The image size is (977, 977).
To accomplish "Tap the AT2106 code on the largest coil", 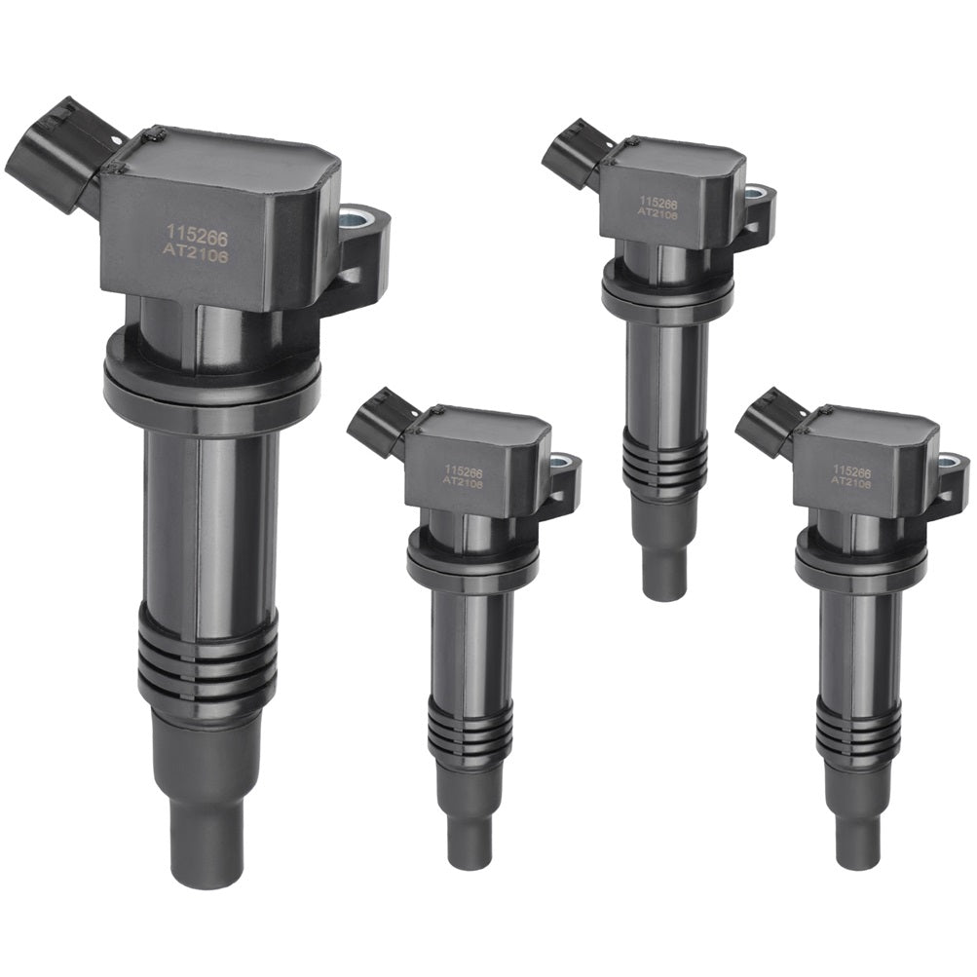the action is click(x=197, y=255).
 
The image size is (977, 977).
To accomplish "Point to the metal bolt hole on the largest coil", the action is click(x=357, y=219).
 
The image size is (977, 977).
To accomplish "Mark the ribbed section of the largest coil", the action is click(x=207, y=659).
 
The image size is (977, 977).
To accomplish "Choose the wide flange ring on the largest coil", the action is click(x=211, y=374).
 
